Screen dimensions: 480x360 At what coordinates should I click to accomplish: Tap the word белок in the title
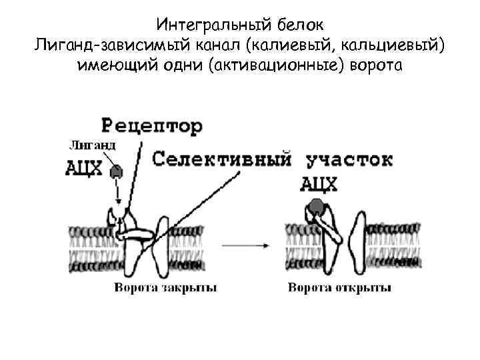click(x=298, y=26)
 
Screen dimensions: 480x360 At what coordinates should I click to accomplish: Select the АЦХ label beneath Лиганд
click(x=85, y=168)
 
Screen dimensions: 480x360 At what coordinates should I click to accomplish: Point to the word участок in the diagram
click(x=349, y=160)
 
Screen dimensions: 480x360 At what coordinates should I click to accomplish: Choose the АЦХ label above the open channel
click(x=317, y=183)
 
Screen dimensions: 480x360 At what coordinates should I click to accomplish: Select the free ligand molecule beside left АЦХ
click(x=117, y=171)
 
